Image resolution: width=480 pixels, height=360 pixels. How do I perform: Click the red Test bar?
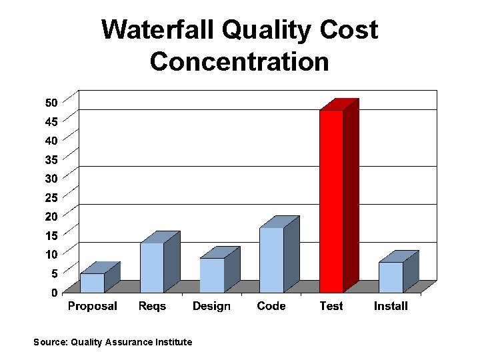[331, 200]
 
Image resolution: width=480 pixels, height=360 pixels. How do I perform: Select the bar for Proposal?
[92, 283]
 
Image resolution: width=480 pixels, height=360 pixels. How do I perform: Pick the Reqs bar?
[152, 267]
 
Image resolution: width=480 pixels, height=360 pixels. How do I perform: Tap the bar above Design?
[212, 275]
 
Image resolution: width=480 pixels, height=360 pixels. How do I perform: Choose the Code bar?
[271, 260]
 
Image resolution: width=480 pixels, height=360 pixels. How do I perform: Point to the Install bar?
[391, 277]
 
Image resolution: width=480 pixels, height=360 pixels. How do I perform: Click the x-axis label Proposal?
[92, 306]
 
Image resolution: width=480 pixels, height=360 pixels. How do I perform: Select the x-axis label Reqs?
[152, 306]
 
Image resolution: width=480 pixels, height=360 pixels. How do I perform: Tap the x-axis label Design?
[211, 306]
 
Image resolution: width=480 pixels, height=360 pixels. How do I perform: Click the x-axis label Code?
[271, 306]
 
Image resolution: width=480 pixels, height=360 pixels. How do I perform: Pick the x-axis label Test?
[331, 306]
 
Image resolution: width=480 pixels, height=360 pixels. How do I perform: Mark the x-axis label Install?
[391, 306]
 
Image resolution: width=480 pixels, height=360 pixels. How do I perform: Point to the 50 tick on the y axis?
[51, 102]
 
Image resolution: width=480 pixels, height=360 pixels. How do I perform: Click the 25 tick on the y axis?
[51, 197]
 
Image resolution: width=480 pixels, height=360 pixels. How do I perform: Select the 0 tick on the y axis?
[54, 293]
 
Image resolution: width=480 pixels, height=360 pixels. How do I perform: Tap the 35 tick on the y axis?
[51, 159]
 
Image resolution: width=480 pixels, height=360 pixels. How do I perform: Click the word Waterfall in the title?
[159, 30]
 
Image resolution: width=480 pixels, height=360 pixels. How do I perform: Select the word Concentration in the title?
[239, 61]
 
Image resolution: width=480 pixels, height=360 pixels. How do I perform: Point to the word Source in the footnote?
[49, 342]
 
